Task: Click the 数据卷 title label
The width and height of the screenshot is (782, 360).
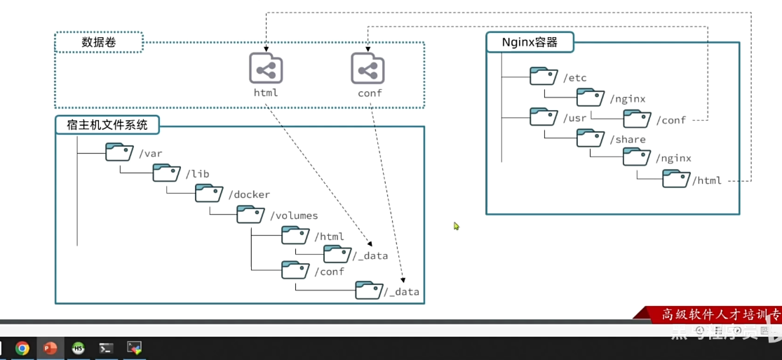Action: click(x=99, y=42)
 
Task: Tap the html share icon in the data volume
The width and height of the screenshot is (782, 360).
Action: click(x=266, y=69)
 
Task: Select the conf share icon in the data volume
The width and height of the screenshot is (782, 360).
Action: click(x=368, y=69)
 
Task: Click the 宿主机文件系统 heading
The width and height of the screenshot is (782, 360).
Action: click(x=107, y=126)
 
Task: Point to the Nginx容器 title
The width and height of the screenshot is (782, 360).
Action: click(x=530, y=42)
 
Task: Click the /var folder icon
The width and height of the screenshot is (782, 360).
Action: click(x=119, y=152)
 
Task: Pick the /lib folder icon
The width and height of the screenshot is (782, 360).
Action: click(x=166, y=173)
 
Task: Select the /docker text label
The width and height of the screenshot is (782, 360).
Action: click(x=249, y=194)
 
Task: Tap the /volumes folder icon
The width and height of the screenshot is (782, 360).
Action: click(x=250, y=214)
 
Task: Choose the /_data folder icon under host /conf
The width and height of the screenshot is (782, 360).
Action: click(x=369, y=290)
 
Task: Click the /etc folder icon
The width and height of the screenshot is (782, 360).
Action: click(x=544, y=76)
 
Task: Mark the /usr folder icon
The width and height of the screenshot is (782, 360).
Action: click(x=544, y=117)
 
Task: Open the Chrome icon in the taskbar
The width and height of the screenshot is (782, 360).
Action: click(x=22, y=348)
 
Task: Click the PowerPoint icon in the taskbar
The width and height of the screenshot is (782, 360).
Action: click(x=50, y=348)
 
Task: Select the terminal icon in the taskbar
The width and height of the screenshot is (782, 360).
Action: click(x=106, y=348)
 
